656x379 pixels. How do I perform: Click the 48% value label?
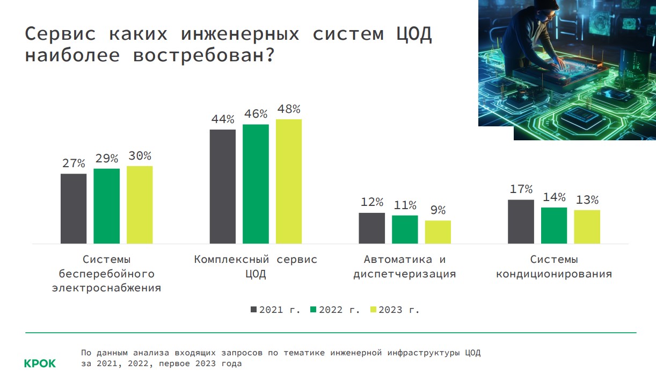click(289, 109)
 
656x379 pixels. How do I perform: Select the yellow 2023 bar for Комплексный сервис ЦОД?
click(289, 181)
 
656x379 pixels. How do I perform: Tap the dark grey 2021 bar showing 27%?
click(74, 209)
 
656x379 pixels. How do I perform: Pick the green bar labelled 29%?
click(106, 206)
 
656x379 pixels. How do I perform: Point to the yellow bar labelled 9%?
click(438, 232)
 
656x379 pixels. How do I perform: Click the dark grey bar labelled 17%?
click(521, 221)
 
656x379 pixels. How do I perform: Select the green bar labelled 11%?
click(405, 229)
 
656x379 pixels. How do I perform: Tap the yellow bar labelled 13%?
click(587, 226)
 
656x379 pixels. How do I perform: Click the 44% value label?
click(222, 119)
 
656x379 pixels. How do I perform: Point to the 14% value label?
click(553, 197)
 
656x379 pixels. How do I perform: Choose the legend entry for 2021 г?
click(275, 310)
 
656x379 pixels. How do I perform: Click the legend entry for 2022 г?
click(335, 310)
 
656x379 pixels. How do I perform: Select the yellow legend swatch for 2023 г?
click(374, 310)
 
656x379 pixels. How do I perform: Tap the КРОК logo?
click(40, 363)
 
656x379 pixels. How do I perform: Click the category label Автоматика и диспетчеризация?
click(405, 267)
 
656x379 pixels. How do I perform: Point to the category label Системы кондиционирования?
click(554, 267)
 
